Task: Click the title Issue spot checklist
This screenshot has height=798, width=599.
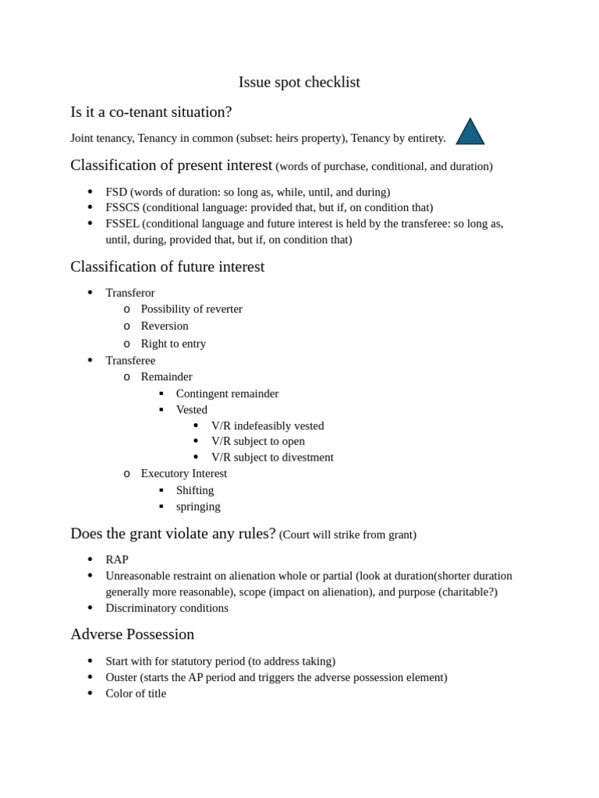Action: tap(299, 82)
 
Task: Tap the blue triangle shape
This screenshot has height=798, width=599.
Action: tap(470, 133)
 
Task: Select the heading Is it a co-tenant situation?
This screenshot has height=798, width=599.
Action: tap(151, 111)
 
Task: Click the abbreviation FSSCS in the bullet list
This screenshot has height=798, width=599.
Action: tap(122, 207)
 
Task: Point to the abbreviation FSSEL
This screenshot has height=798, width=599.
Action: tap(122, 224)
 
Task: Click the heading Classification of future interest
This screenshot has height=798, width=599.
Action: tap(167, 267)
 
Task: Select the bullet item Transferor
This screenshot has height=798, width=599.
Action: tap(130, 293)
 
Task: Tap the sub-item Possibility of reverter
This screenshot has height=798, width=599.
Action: tap(191, 309)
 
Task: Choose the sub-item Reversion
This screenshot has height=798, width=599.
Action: tap(165, 326)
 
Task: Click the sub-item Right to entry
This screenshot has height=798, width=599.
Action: tap(173, 344)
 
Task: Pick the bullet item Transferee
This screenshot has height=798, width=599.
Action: tap(130, 360)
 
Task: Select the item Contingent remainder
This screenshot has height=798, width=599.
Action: tap(227, 394)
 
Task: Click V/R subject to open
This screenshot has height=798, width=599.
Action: tap(258, 441)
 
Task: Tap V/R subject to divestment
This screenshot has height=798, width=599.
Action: tap(272, 457)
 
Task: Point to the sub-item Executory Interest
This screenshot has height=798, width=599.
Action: tap(184, 473)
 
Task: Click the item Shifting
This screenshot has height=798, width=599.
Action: tap(195, 490)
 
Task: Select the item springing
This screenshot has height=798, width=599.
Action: tap(198, 507)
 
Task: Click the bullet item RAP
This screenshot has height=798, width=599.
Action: tap(117, 560)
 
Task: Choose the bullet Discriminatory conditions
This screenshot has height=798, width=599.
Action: tap(167, 608)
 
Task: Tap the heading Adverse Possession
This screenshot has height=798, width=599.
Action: tap(132, 634)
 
